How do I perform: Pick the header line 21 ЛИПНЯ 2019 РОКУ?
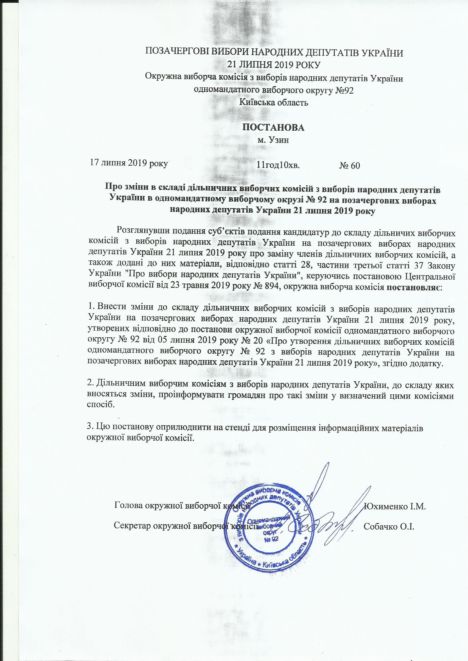click(274, 65)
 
